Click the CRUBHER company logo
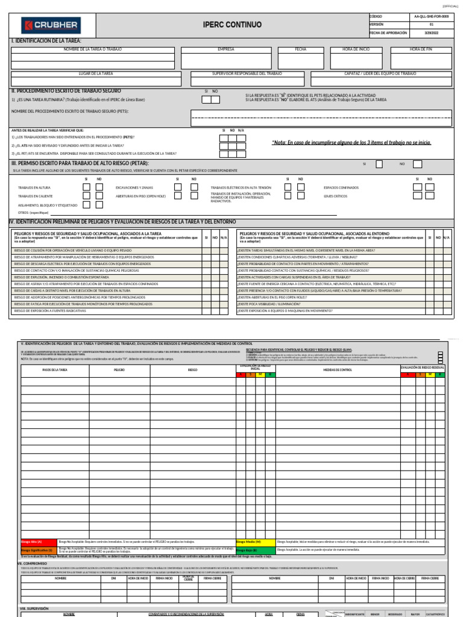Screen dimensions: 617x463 click(x=51, y=25)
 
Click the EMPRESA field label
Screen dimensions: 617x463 click(x=225, y=49)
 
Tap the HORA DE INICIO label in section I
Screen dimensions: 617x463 click(x=356, y=49)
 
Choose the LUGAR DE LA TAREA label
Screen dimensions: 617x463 click(x=96, y=73)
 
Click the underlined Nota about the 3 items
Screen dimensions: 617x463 click(x=351, y=143)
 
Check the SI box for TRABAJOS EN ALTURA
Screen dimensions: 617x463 click(x=86, y=187)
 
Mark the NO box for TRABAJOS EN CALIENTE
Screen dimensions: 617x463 click(x=99, y=196)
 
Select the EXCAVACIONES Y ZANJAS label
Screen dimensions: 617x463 click(x=134, y=187)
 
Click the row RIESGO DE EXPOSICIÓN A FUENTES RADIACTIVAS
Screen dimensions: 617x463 click(x=50, y=311)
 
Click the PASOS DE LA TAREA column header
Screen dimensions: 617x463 click(x=55, y=369)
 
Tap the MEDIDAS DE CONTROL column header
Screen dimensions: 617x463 click(x=338, y=369)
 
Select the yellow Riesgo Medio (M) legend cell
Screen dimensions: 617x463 click(x=255, y=542)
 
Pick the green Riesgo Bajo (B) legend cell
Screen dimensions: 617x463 click(x=255, y=550)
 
